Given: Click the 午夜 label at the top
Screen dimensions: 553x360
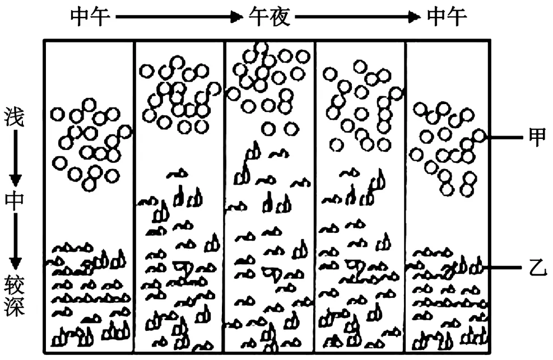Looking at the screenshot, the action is pos(269,17).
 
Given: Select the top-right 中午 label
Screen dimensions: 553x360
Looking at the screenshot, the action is pos(447,17).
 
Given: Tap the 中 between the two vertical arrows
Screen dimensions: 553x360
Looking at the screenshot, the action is pos(15,200).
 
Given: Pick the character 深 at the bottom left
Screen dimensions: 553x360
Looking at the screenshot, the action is pos(15,306).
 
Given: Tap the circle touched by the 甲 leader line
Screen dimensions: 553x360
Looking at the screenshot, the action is pos(478,136).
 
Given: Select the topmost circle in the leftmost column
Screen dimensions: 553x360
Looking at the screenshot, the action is pos(89,105).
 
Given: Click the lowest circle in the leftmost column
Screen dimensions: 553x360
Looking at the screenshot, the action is pos(89,184).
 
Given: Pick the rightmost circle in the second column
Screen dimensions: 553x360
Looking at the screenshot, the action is pos(215,88).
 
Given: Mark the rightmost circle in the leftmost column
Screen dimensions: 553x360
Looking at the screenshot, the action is pos(125,133).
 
